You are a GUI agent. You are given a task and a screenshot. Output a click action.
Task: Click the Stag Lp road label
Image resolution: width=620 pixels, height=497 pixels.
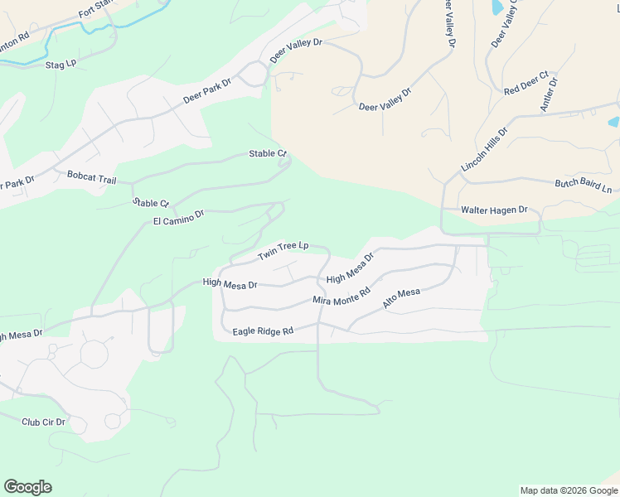(61, 64)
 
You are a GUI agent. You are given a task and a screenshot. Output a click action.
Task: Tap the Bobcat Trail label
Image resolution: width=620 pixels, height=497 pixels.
(92, 178)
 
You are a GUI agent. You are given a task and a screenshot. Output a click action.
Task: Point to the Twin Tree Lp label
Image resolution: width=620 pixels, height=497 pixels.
(283, 250)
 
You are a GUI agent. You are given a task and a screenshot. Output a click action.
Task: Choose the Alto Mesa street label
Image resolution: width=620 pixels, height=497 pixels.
(402, 299)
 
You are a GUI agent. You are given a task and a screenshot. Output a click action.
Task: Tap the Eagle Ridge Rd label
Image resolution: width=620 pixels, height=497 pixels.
(264, 331)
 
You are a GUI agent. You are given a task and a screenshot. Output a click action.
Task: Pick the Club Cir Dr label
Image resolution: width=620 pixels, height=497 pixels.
(43, 422)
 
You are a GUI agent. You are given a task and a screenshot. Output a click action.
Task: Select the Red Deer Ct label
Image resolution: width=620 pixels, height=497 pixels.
(526, 84)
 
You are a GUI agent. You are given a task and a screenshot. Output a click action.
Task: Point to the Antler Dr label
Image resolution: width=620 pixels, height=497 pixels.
(549, 93)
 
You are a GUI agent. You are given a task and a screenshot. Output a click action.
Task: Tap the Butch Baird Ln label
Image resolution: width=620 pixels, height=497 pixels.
(583, 186)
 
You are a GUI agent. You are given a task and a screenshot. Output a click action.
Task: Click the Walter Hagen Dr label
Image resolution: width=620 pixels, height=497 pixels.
(494, 210)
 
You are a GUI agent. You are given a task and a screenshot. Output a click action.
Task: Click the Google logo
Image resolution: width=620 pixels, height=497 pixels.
(27, 487)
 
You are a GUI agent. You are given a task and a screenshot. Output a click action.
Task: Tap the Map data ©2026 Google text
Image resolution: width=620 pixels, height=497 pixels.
(568, 490)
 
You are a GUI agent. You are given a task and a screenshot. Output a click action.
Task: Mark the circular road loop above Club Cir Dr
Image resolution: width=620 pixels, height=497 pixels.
(94, 355)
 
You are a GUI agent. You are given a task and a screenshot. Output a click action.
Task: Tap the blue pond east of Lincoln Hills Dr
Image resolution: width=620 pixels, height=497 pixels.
(613, 122)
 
